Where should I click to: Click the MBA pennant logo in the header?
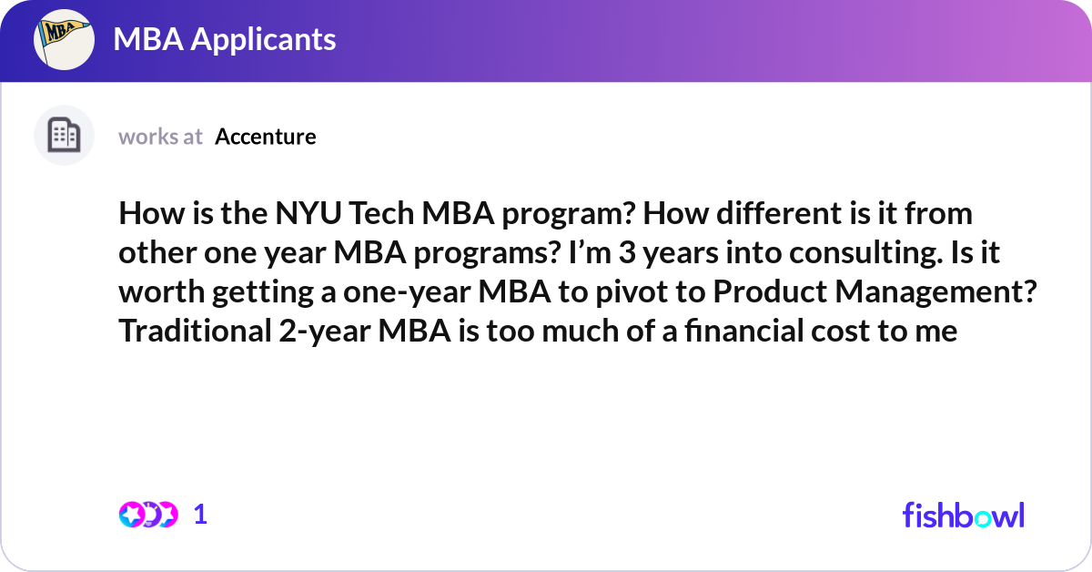[64, 40]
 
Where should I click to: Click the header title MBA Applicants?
[224, 39]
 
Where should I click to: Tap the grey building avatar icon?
[64, 136]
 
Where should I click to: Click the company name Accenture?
[266, 137]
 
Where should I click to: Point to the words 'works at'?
[160, 137]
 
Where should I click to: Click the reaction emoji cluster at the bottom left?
[147, 515]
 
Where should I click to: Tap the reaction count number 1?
[200, 515]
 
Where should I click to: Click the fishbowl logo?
[963, 515]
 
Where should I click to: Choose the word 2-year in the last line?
[320, 332]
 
